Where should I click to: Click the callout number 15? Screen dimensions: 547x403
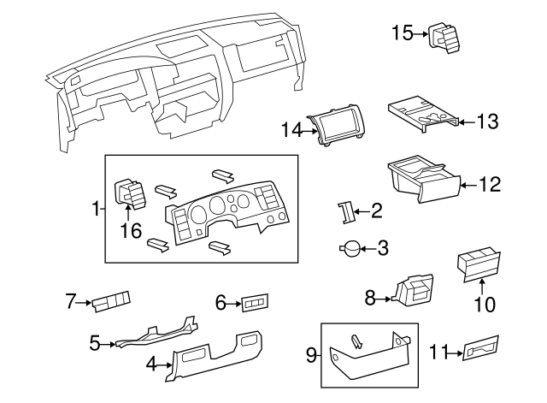403,33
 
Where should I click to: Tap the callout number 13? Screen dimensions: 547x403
487,121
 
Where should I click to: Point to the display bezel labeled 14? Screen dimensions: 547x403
336,128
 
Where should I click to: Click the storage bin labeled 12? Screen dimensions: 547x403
425,179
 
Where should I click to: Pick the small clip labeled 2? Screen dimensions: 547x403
345,212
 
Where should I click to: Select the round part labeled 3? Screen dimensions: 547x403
350,249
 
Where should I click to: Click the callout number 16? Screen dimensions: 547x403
131,230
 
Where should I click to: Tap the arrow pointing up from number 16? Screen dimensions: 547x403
128,213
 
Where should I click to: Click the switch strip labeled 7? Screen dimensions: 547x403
111,301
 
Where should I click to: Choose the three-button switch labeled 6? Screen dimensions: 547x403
255,303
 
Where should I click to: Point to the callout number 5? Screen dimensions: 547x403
95,343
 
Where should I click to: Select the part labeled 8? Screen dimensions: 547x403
413,293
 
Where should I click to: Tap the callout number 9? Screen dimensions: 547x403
311,355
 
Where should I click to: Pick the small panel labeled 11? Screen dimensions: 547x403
480,348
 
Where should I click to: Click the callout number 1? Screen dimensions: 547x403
95,209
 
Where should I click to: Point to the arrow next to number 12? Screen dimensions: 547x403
470,185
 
